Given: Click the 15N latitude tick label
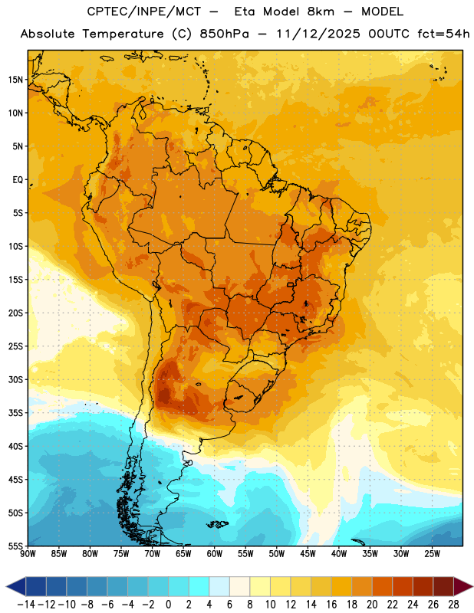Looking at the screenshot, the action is point(15,80).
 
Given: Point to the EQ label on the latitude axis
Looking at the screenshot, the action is point(18,180).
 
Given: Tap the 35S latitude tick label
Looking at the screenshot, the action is point(15,413).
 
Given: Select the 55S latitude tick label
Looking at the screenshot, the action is point(15,546).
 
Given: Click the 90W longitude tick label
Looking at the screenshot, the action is point(28,554).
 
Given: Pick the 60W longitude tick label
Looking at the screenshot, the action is point(215,554).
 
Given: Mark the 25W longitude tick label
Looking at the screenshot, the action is point(432,554).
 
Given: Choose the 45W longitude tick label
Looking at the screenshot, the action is point(308,554).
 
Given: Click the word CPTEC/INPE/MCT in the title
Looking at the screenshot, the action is point(144,11).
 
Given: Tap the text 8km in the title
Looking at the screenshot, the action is point(321,11).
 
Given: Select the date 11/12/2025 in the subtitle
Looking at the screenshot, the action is point(318,34).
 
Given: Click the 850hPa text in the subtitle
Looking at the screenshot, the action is point(224,34).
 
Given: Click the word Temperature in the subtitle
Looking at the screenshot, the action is point(123,34).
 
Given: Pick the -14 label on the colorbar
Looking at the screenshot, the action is point(26,605).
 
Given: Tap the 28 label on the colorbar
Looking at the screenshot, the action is point(453,605).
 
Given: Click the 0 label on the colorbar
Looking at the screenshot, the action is point(168,605).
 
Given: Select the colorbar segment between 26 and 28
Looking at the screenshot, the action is point(443,586).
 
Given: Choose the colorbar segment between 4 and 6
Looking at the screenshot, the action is point(219,586).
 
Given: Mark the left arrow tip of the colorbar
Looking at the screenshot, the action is point(6,586).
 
